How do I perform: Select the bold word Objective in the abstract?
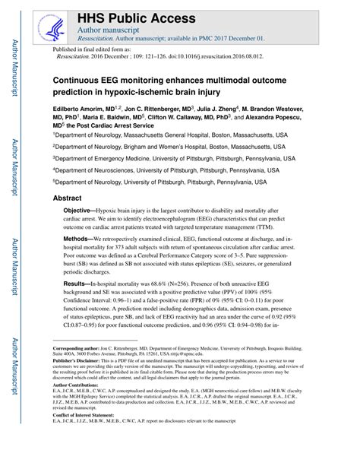pos(81,209)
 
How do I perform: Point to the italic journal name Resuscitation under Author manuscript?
pos(99,36)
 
